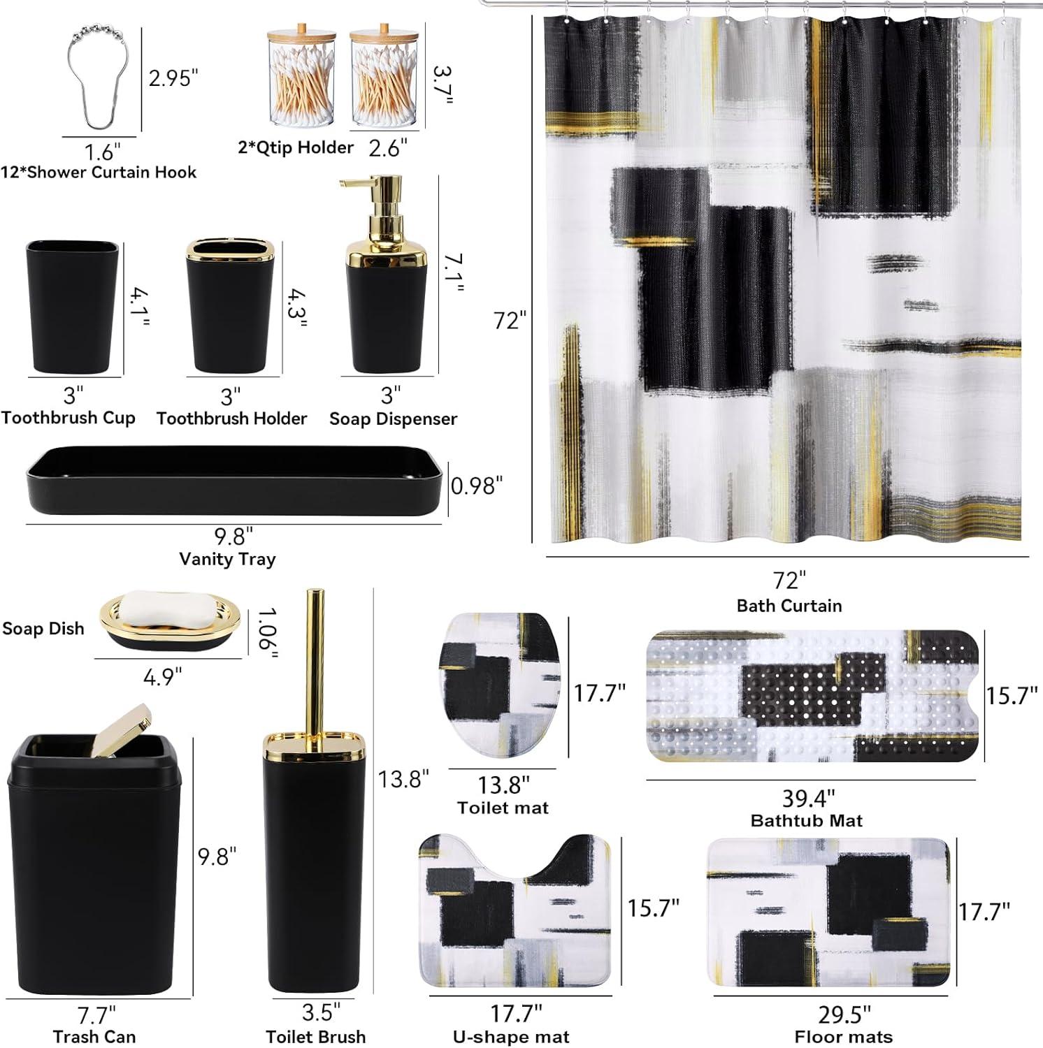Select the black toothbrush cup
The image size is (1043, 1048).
73,307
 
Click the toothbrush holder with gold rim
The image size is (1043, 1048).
230,307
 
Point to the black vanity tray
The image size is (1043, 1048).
233,482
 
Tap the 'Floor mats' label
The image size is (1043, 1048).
844,1038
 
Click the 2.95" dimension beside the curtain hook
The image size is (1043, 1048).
170,78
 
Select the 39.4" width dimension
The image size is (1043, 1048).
807,798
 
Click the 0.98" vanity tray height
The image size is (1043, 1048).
477,486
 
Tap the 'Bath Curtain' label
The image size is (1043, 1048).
789,606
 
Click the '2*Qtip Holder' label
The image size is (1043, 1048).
296,147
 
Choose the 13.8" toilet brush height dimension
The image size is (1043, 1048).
403,778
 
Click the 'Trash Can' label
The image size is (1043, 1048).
94,1037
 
